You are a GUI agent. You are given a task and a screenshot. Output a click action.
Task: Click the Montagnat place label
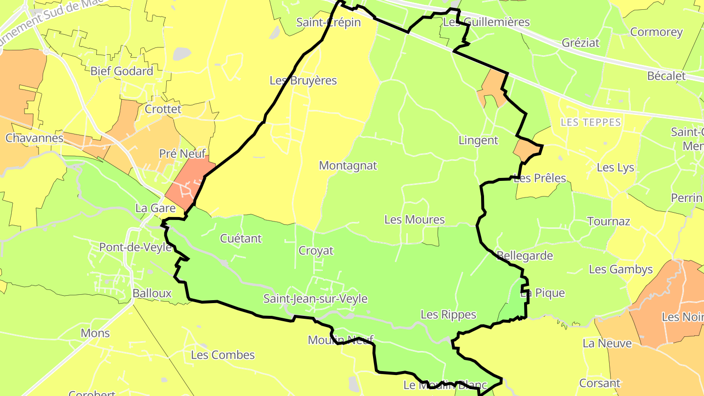click(348, 166)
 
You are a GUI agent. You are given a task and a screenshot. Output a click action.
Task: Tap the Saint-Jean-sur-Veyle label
click(315, 299)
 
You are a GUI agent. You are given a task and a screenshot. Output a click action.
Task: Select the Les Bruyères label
click(303, 81)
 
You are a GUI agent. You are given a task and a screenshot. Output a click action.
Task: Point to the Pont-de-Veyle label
click(135, 247)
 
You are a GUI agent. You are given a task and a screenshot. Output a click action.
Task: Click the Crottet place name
click(163, 110)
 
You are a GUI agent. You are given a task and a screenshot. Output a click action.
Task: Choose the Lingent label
click(478, 141)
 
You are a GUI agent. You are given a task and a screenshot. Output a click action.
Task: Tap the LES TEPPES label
click(591, 123)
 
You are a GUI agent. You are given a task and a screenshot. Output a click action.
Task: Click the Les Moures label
click(415, 220)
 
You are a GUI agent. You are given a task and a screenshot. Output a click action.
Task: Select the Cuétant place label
click(241, 239)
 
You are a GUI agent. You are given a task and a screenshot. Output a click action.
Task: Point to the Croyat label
click(316, 251)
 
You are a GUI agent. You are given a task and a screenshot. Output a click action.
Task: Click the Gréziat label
click(580, 43)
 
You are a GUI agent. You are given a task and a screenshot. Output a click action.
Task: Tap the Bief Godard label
click(122, 71)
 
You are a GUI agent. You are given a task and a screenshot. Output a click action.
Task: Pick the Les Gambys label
click(621, 269)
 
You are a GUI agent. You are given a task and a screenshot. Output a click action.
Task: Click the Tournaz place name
click(609, 221)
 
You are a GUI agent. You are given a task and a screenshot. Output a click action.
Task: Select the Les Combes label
click(223, 355)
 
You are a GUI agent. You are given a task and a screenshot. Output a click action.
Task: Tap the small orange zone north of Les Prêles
click(526, 150)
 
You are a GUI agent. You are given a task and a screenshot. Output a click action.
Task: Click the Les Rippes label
click(448, 315)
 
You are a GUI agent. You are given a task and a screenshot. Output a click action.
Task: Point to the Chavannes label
click(34, 138)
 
